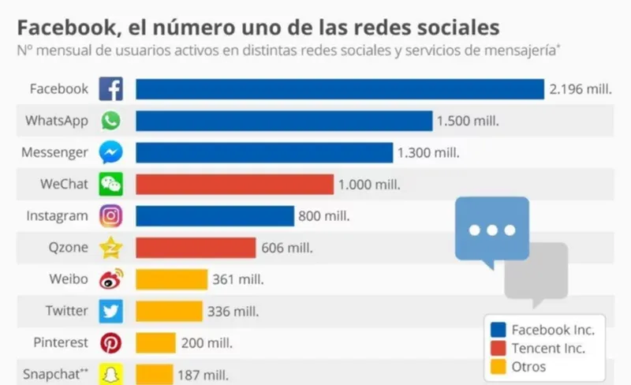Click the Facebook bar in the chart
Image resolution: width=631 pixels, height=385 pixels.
[x=339, y=89]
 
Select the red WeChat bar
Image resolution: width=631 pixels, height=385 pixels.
[x=234, y=185]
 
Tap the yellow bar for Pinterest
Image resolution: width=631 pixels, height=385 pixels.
[x=155, y=343]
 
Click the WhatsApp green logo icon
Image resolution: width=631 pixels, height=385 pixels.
[x=110, y=121]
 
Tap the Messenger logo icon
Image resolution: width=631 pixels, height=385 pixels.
[x=110, y=152]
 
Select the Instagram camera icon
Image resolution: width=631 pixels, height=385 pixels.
[x=110, y=216]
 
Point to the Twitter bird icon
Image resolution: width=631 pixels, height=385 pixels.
[x=110, y=312]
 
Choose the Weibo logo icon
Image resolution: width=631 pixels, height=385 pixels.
[x=110, y=279]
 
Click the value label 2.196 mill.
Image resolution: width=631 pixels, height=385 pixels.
[x=581, y=90]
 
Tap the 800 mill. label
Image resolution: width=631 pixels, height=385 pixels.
[x=323, y=216]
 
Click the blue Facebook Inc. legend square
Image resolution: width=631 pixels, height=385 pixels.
[x=498, y=330]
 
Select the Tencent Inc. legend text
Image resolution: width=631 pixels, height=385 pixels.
[x=548, y=349]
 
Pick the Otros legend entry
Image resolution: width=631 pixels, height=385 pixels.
[x=529, y=367]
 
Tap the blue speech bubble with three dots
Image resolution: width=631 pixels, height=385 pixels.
[x=491, y=230]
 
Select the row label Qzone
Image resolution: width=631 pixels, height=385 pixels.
[x=69, y=248]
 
